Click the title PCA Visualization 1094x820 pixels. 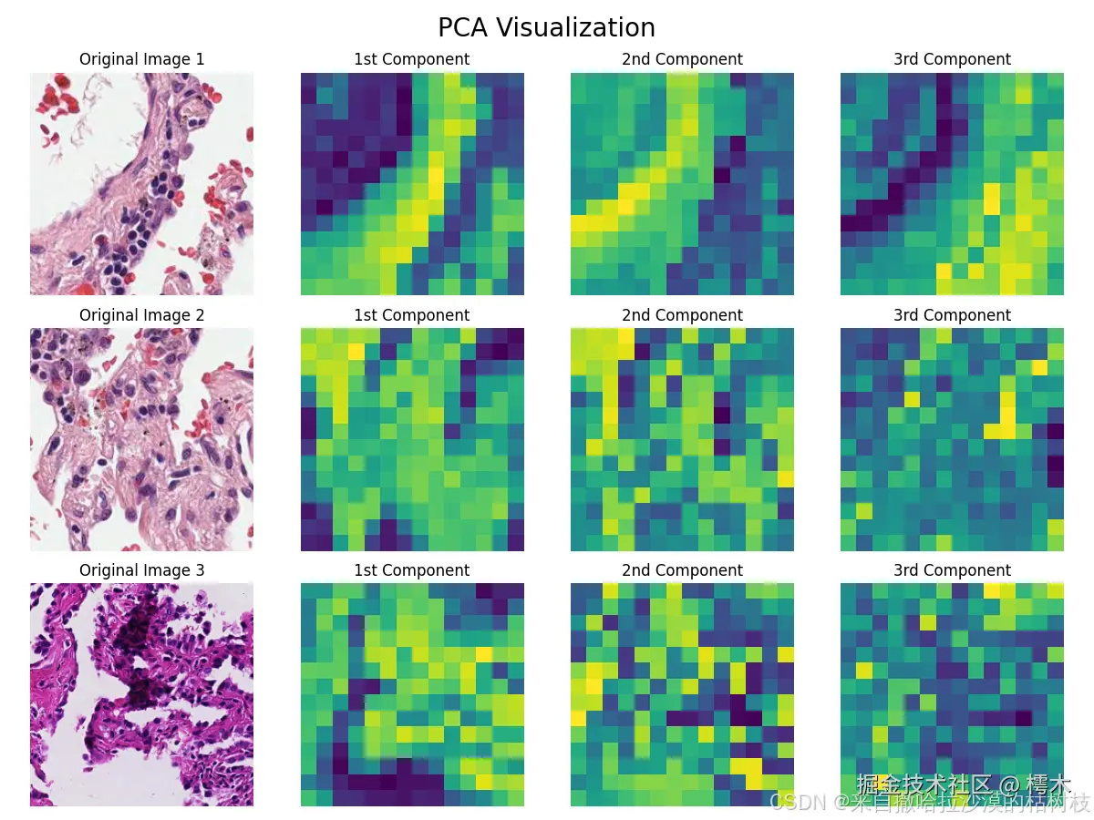(546, 27)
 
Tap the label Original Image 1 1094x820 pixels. (141, 59)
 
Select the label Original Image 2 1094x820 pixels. (141, 315)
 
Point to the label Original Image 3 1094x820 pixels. (141, 570)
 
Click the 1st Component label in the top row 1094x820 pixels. (412, 59)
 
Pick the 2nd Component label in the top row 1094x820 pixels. (682, 59)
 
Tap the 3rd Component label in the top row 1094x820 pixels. (952, 59)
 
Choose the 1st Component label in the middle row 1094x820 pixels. (412, 315)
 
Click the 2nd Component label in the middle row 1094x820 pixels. (682, 315)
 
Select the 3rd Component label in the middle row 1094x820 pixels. (952, 315)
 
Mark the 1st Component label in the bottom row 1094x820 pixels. (412, 570)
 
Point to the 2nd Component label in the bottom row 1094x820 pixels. (682, 570)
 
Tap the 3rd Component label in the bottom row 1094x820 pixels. (952, 570)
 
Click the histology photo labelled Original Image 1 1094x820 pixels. (141, 184)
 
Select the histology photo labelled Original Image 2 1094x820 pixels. (141, 439)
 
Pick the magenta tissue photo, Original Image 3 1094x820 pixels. (141, 694)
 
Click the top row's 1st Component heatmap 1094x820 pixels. (412, 184)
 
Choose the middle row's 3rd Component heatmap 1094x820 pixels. (952, 439)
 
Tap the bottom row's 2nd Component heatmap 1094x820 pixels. (682, 694)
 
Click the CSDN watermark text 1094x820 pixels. (930, 803)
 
